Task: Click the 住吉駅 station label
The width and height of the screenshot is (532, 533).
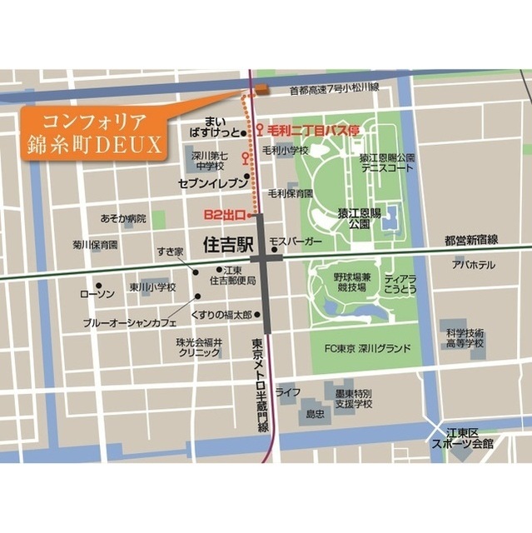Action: (227, 246)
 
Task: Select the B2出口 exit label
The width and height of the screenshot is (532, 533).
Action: (223, 215)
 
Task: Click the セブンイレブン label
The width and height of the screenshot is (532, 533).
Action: (212, 181)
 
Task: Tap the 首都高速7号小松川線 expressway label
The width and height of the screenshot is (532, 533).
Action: (334, 87)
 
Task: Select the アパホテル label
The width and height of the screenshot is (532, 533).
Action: (473, 265)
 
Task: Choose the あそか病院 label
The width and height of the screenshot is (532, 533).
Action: (122, 218)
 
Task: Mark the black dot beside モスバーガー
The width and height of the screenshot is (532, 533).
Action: (273, 247)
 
